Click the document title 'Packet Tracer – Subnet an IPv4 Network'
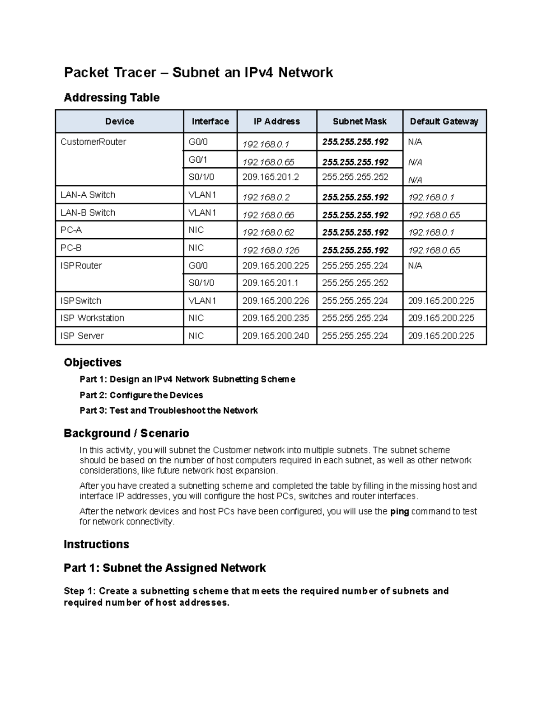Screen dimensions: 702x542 pos(198,72)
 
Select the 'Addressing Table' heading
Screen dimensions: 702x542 pos(112,98)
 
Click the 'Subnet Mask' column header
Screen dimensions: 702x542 pos(360,121)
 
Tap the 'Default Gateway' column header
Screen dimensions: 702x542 pos(444,121)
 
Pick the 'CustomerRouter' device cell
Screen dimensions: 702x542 pos(93,142)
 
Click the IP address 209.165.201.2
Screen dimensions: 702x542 pos(271,177)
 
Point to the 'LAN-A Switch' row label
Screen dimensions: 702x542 pos(88,195)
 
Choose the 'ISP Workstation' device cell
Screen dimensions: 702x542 pos(92,318)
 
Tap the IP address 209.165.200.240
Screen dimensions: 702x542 pos(276,336)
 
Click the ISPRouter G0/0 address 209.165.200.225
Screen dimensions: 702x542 pos(276,266)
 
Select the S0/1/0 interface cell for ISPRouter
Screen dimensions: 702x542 pos(201,283)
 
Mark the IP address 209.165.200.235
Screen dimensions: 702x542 pos(276,318)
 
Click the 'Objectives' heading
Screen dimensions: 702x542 pos(93,363)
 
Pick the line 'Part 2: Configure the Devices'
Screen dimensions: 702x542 pos(141,395)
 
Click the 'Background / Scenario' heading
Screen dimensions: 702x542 pos(126,433)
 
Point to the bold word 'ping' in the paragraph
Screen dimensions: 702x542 pos(399,512)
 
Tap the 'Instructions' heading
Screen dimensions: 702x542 pos(96,544)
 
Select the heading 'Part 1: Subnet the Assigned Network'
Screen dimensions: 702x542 pos(165,568)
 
